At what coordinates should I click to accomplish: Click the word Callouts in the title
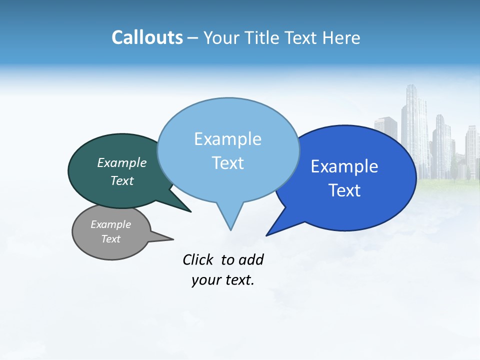click(147, 37)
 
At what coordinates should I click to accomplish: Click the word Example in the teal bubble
click(122, 163)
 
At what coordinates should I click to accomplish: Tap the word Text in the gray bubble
click(111, 239)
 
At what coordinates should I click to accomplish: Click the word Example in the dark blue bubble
click(344, 166)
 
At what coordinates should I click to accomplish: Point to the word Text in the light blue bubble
click(228, 163)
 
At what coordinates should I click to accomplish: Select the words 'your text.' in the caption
click(223, 280)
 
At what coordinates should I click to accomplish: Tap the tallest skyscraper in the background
click(414, 130)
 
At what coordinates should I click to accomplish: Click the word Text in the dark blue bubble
click(345, 190)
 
